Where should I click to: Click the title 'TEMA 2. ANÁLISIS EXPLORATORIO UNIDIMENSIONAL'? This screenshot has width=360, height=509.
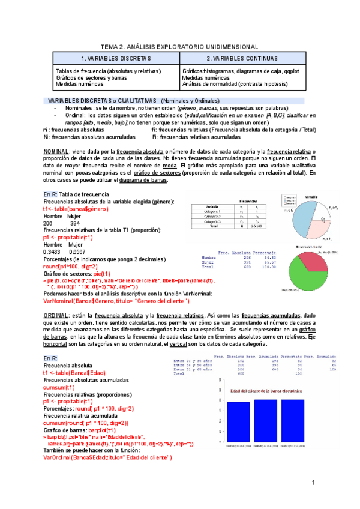pyautogui.click(x=179, y=46)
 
